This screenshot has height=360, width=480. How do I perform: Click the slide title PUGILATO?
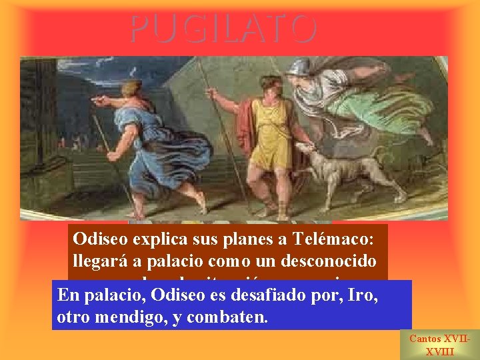click(x=223, y=29)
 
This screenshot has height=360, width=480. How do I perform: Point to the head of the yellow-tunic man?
click(x=271, y=86)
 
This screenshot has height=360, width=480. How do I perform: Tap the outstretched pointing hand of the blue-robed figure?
click(x=100, y=101)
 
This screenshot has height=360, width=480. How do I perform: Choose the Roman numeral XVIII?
click(x=439, y=352)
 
